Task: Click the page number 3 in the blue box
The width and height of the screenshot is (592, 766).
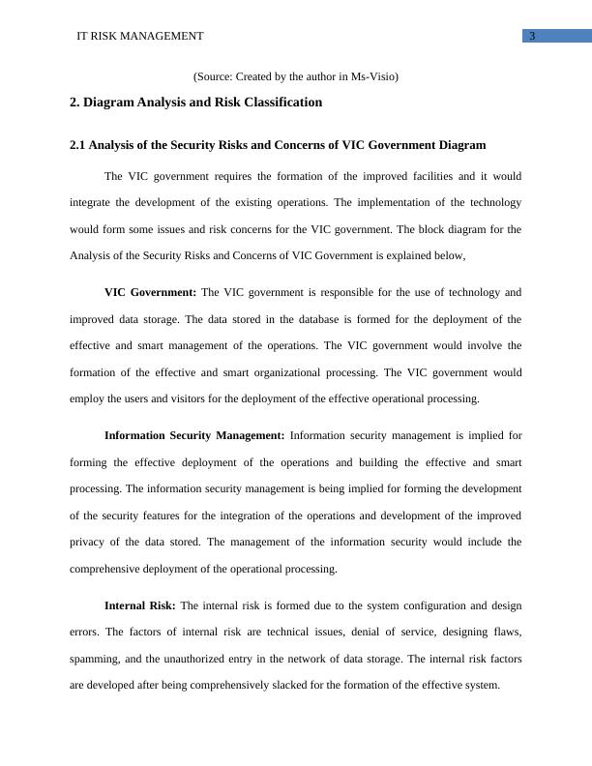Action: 532,37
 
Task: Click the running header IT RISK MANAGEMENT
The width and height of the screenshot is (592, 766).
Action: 140,37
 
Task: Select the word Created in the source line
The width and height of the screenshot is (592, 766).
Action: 257,76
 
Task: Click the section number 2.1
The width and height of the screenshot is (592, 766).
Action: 79,145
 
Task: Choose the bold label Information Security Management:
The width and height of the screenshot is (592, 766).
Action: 193,436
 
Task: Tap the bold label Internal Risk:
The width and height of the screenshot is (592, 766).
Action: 139,606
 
